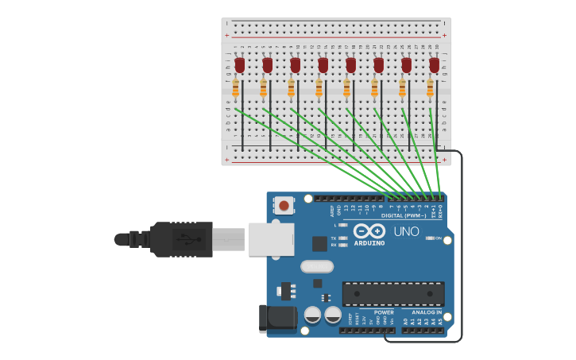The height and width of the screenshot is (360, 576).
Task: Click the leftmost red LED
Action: click(x=239, y=64)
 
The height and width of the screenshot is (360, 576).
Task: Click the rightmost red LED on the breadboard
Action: click(x=434, y=64)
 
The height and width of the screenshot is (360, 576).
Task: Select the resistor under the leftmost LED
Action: click(x=236, y=87)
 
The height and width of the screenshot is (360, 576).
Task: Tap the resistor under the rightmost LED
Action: click(x=430, y=87)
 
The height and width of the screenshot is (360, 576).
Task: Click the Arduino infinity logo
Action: click(x=369, y=231)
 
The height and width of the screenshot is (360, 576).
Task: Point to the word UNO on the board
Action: click(x=406, y=231)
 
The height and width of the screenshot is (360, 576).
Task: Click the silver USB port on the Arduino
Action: click(x=271, y=238)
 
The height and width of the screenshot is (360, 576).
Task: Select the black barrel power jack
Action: click(x=277, y=319)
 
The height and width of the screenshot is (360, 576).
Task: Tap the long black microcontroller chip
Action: click(x=393, y=293)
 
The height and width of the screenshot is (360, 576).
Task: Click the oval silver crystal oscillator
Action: click(x=316, y=266)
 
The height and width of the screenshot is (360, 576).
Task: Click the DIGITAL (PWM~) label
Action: click(x=404, y=215)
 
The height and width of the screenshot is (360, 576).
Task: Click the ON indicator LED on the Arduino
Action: click(x=430, y=238)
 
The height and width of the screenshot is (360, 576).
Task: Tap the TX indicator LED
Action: click(x=342, y=238)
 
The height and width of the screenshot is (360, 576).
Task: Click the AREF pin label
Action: click(x=332, y=211)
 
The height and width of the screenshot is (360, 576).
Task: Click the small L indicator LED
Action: click(x=342, y=225)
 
